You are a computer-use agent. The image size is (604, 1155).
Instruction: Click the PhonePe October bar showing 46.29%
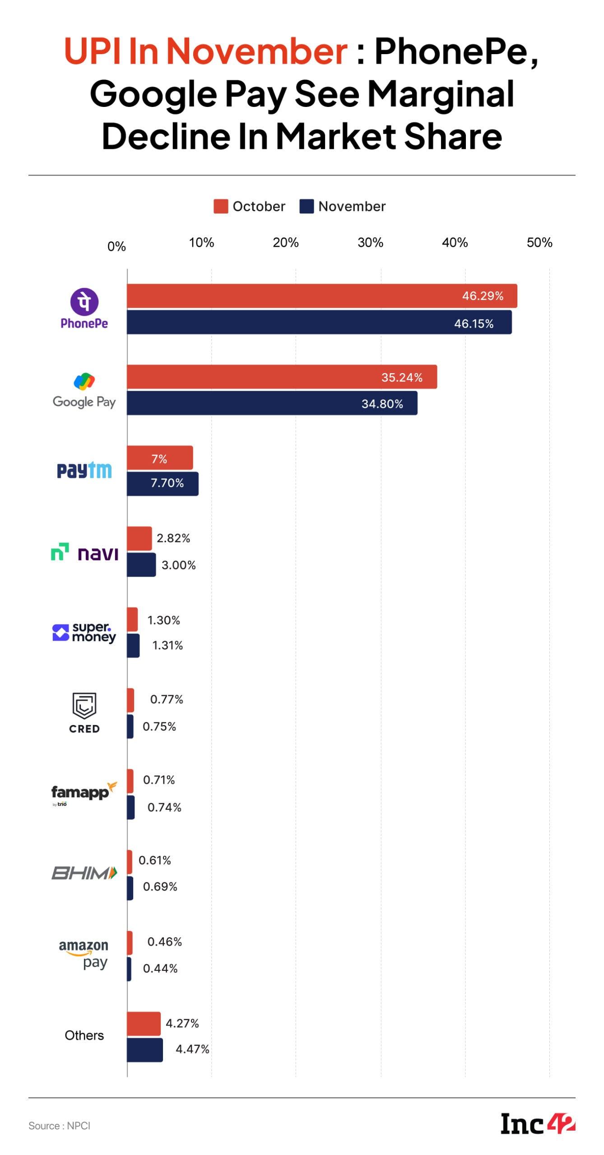[321, 296]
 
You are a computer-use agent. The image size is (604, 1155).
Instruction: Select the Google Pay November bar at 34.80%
[272, 403]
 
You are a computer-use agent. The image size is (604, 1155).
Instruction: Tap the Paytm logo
[84, 471]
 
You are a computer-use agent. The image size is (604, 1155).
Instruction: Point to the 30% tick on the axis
[370, 243]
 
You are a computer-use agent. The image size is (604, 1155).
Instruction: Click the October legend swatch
[221, 207]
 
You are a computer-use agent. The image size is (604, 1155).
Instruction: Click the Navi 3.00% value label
[179, 565]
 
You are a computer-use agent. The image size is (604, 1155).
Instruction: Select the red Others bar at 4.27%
[144, 1023]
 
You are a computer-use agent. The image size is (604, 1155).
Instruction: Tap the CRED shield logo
[84, 705]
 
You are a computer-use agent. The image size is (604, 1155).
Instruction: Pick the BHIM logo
[84, 873]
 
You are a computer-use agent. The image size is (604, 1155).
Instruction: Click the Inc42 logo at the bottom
[538, 1124]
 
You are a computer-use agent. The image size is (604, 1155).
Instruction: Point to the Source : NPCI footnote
[59, 1126]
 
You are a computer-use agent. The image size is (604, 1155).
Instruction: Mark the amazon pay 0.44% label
[160, 968]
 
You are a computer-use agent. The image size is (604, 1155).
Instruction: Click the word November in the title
[256, 51]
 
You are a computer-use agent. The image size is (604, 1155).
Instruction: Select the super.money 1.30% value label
[163, 620]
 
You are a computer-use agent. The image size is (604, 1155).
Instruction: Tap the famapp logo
[84, 793]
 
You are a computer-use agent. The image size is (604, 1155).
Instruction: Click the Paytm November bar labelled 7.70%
[163, 484]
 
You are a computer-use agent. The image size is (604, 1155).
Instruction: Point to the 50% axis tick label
[539, 243]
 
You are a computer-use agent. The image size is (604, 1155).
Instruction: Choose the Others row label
[84, 1035]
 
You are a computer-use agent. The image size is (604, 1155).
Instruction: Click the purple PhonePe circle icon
[84, 301]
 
